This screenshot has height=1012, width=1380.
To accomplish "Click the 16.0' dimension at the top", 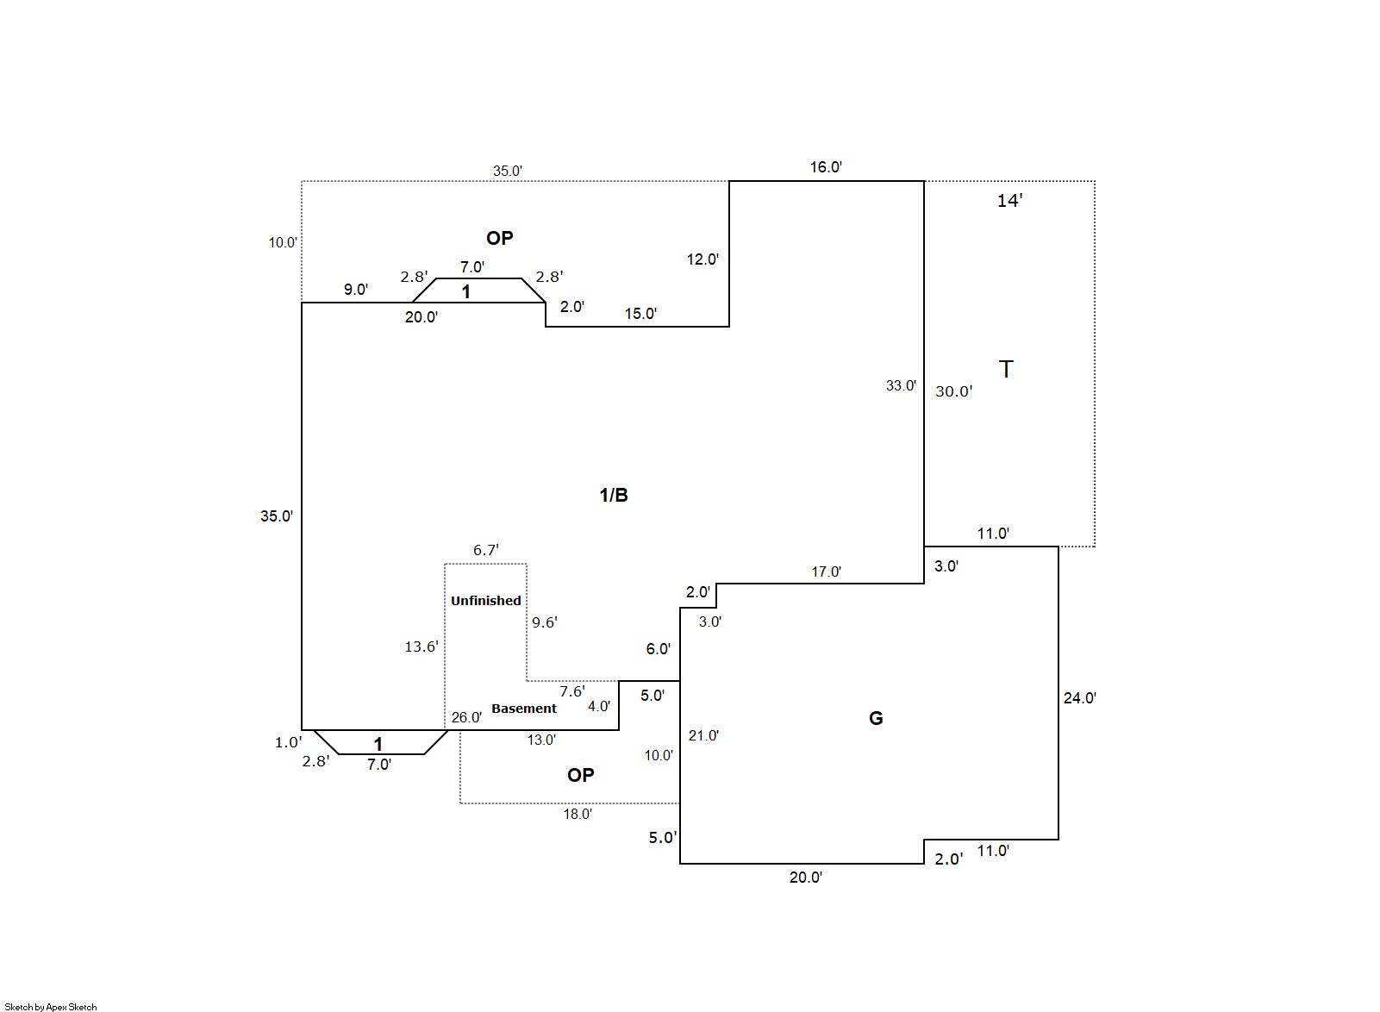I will click(x=825, y=167).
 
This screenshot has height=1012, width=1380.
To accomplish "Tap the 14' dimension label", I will click(x=1009, y=201).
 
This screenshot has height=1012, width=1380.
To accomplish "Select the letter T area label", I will click(x=1005, y=370).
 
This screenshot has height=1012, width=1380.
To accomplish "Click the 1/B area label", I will click(x=614, y=495).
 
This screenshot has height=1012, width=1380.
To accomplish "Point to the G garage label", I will click(x=876, y=718).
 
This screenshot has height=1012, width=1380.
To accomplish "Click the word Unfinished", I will click(x=486, y=601).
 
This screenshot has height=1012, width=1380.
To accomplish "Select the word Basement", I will click(x=524, y=709).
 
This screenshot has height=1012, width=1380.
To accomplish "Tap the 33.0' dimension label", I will click(x=901, y=386).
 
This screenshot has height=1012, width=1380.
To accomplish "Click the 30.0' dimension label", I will click(x=954, y=391).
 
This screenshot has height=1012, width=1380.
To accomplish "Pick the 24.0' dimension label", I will click(x=1079, y=698).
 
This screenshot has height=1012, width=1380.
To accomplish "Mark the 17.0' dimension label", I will click(x=826, y=572).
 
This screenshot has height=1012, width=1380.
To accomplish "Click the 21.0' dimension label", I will click(x=703, y=735).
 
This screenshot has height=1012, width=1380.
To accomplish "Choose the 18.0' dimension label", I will click(x=578, y=814).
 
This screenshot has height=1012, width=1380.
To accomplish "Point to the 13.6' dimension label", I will click(x=421, y=647).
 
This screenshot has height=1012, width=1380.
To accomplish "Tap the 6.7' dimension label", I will click(x=486, y=550).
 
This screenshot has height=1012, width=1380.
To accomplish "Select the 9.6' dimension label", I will click(x=545, y=622).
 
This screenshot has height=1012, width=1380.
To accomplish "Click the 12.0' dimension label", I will click(x=702, y=259).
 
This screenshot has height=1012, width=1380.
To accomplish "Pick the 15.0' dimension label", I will click(x=640, y=314).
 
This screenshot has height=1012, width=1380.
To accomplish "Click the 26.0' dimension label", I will click(x=466, y=717).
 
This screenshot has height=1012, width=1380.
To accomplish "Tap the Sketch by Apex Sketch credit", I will click(x=51, y=1006).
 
